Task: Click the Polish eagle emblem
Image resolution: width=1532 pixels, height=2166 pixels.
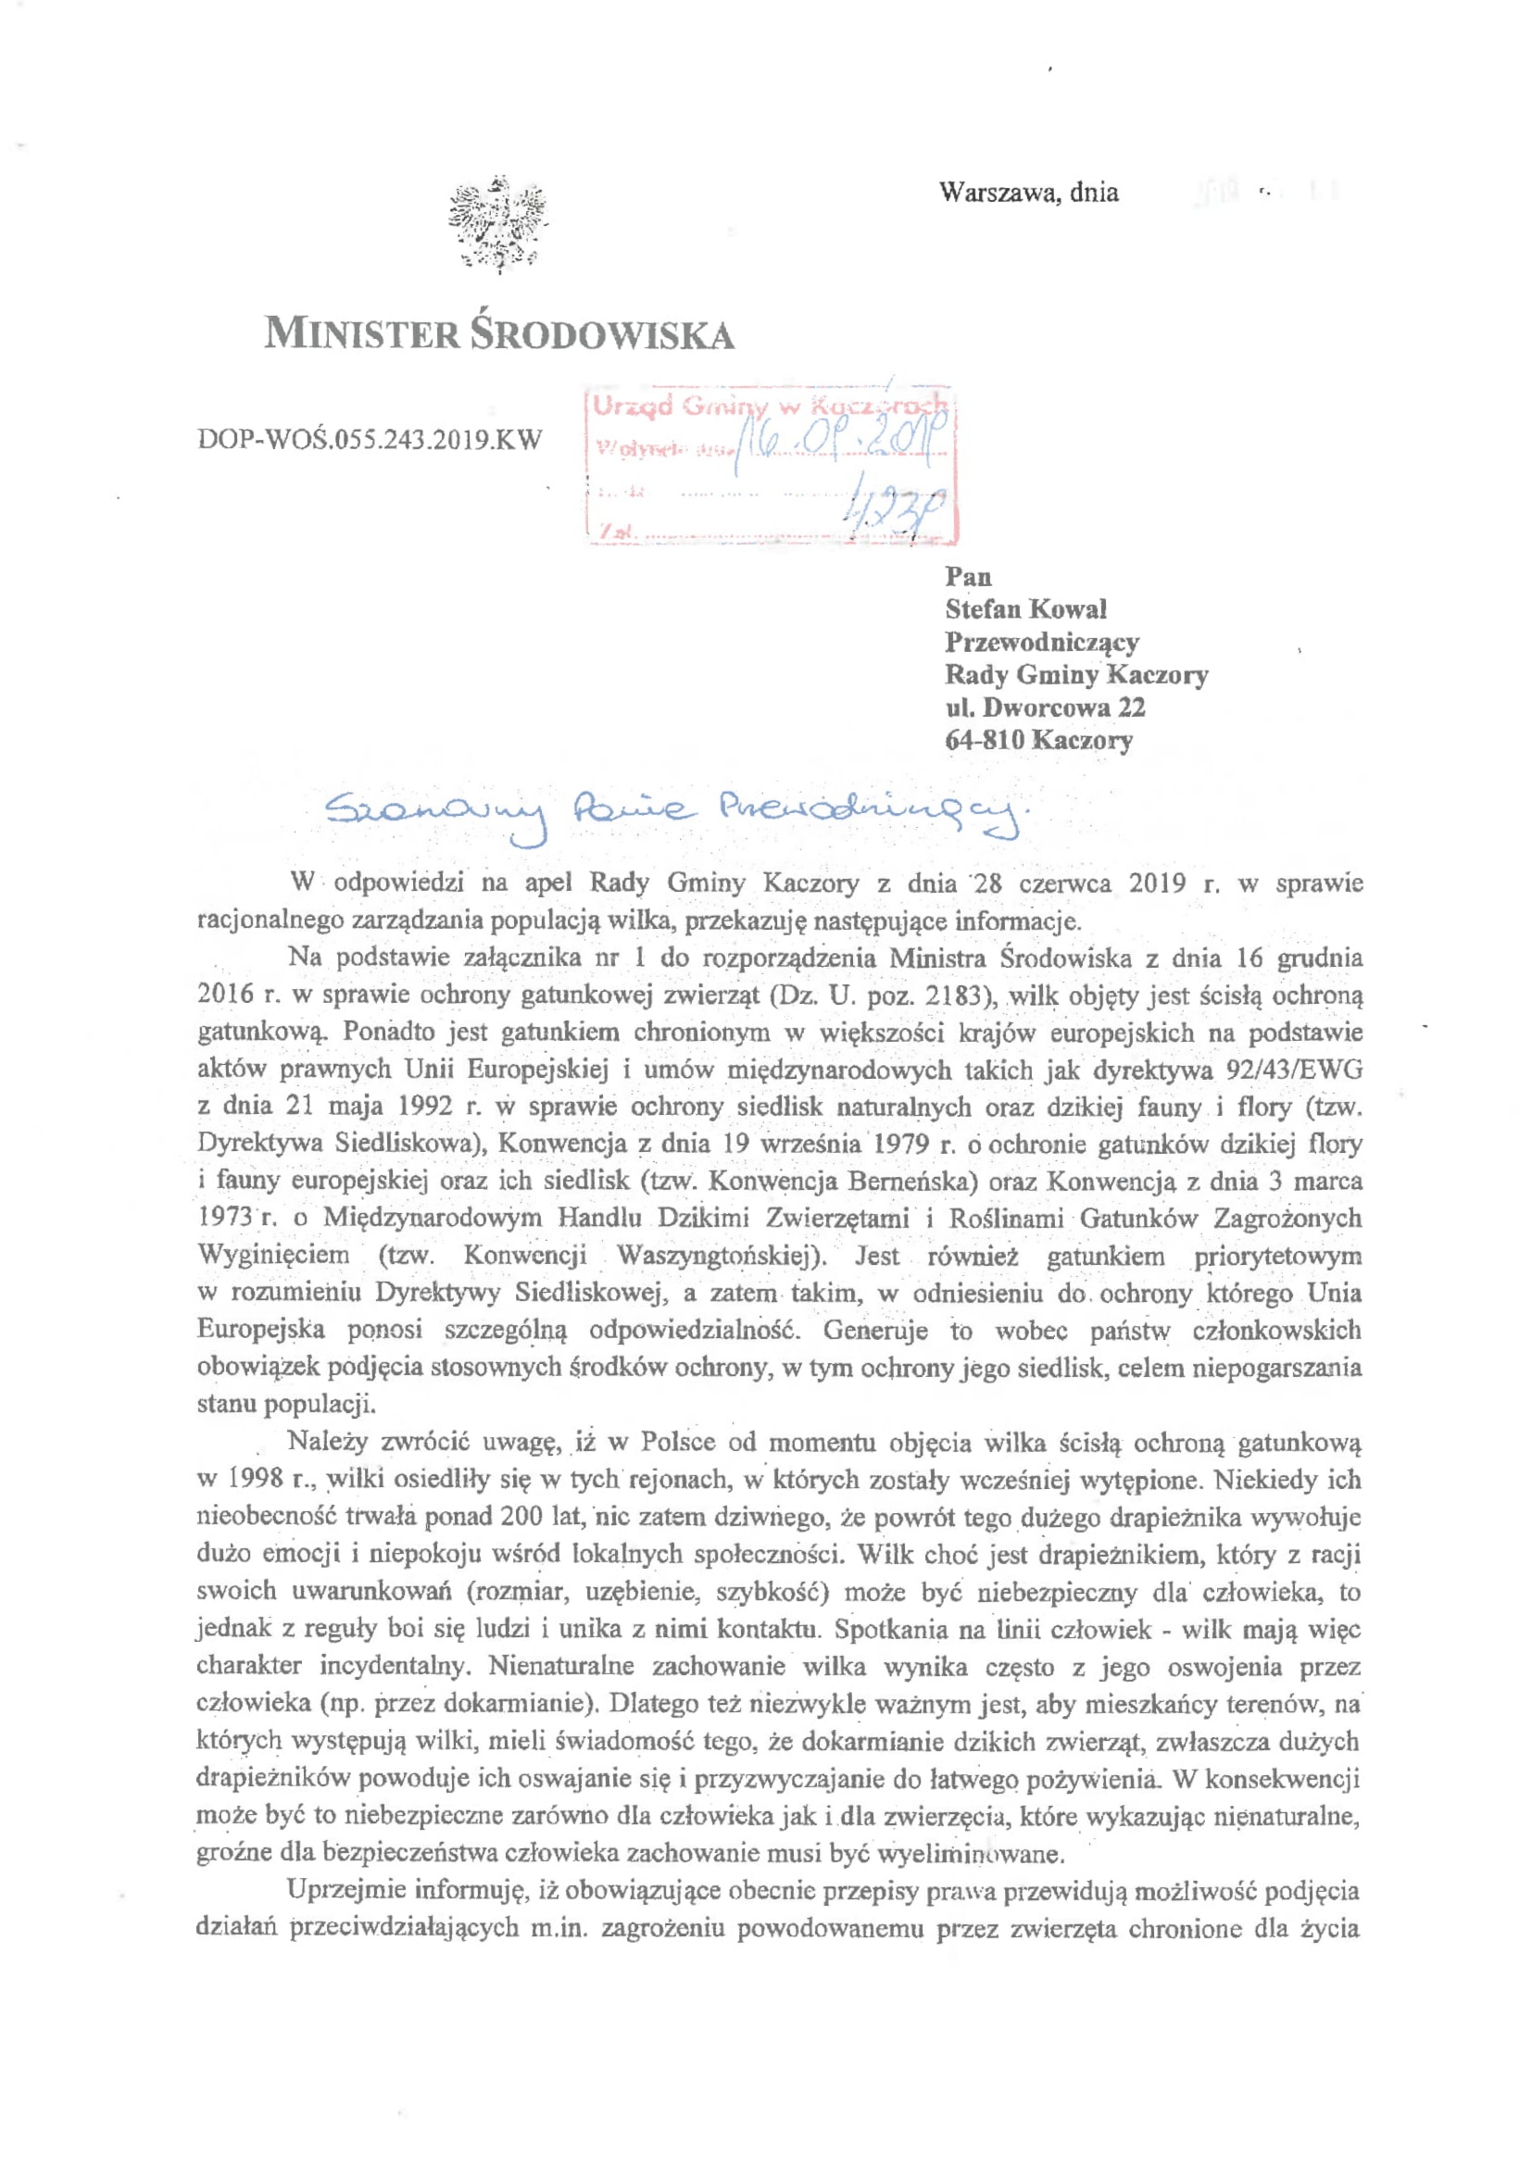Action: pyautogui.click(x=498, y=224)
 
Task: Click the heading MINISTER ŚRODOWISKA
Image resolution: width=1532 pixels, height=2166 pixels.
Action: pyautogui.click(x=499, y=335)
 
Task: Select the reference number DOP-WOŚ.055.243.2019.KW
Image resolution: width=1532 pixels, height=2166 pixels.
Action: pyautogui.click(x=370, y=440)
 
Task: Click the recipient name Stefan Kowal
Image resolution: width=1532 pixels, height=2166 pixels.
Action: pyautogui.click(x=1025, y=609)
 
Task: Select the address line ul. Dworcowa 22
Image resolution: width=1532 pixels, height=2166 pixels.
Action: pyautogui.click(x=1045, y=707)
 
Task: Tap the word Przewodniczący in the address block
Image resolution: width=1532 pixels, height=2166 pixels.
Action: pyautogui.click(x=1042, y=643)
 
